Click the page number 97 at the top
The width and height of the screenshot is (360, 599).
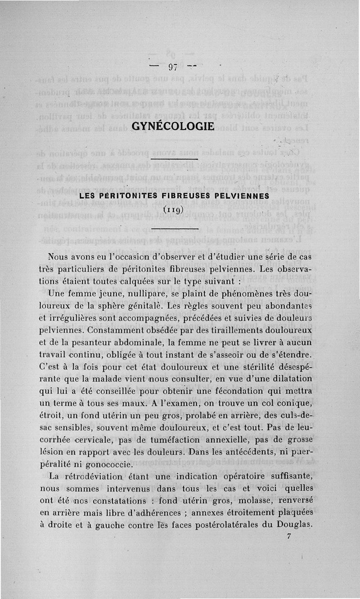[173, 68]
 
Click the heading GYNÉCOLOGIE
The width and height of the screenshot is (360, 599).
[173, 126]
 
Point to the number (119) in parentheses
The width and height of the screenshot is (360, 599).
[173, 209]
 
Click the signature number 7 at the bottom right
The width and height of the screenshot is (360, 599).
[288, 536]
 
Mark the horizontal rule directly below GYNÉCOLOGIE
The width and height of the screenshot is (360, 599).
[175, 159]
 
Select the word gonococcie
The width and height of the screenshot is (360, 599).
[108, 464]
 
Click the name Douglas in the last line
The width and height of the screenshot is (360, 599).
[295, 524]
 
